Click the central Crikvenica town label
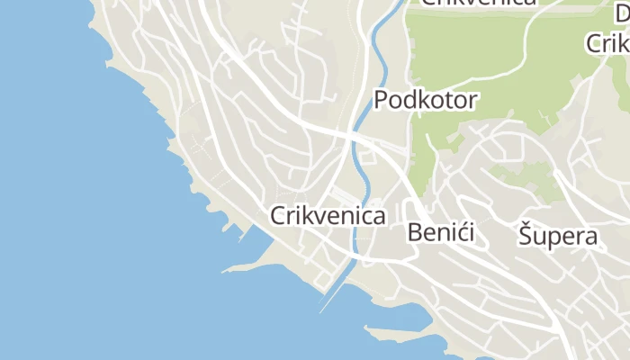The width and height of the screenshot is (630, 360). (328, 216)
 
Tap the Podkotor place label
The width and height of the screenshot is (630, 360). (425, 100)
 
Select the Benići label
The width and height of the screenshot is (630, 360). (440, 232)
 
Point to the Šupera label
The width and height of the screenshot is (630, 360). (558, 236)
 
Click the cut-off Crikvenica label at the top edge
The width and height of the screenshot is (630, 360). (479, 3)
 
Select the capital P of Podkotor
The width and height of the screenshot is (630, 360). (382, 100)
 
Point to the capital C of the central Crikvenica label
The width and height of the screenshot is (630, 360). (278, 216)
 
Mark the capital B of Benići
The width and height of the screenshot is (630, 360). (416, 232)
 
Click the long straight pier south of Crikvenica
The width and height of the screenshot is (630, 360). (332, 292)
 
